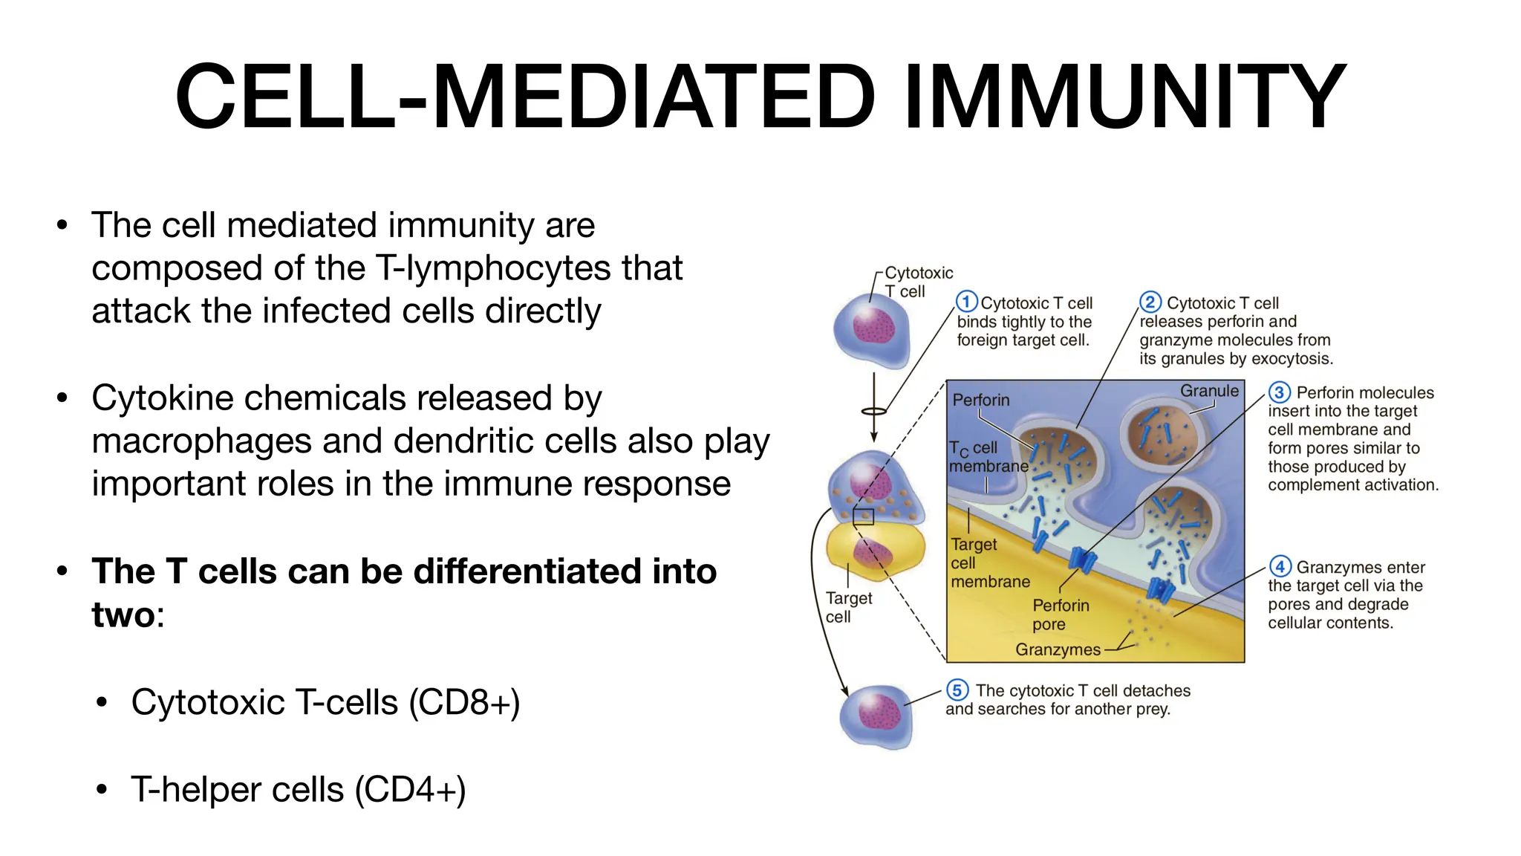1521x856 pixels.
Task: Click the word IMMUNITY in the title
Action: (1124, 97)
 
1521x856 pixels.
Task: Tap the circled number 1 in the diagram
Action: (966, 302)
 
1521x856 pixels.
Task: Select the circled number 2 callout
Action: (1150, 302)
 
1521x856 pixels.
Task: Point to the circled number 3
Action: (1279, 392)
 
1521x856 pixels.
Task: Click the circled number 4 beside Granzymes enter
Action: (1279, 566)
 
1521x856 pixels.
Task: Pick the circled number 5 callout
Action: (957, 690)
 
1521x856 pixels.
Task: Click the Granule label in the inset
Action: (1209, 391)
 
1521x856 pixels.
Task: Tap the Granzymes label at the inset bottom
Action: (1058, 649)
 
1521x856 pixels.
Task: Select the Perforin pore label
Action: (1061, 615)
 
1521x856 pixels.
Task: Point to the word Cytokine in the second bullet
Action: (161, 398)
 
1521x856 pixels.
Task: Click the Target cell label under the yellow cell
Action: (848, 607)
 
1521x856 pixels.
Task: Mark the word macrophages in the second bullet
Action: (201, 441)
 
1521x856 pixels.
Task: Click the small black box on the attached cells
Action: (863, 517)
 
